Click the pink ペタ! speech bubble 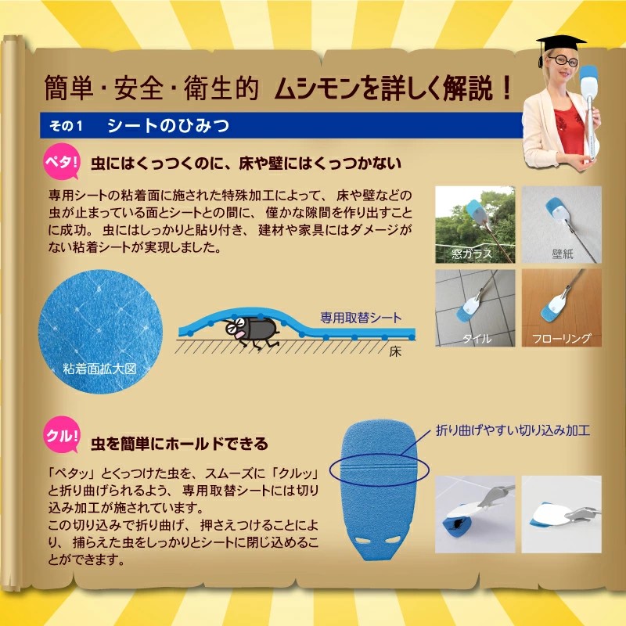coord(61,162)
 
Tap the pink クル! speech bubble coord(62,435)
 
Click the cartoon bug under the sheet coord(250,331)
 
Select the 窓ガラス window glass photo coord(475,225)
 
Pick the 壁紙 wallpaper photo coord(561,225)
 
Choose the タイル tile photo coord(475,308)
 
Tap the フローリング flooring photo coord(561,308)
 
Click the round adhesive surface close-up coord(100,332)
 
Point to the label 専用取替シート coord(361,318)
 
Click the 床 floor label coord(395,351)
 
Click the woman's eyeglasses coord(563,61)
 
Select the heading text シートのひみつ coord(168,126)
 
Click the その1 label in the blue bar coord(66,126)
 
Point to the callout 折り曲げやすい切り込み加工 coord(513,430)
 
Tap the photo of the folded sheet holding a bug coord(475,514)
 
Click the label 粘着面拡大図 coord(100,369)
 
